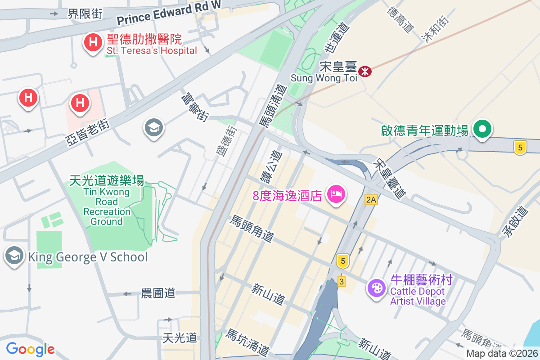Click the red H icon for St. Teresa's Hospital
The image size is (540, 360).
93,43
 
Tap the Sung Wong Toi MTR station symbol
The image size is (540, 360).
365,71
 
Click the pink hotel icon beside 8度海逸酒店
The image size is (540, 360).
337,194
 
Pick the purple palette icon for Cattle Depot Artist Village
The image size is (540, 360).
376,288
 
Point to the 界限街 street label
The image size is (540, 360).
85,14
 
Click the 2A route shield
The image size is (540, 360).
371,200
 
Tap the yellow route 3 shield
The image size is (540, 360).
342,282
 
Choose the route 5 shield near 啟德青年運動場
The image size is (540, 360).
520,147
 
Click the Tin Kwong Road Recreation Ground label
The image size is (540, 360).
107,201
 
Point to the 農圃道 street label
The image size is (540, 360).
158,293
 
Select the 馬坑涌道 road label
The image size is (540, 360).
247,342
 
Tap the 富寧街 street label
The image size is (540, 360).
195,107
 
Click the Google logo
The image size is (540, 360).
30,349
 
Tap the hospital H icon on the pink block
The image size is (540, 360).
80,103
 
